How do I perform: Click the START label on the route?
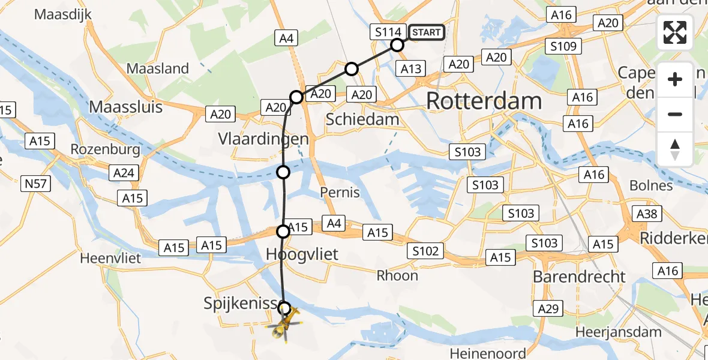pos(427,32)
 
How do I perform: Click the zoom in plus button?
pos(675,79)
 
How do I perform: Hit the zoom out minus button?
pos(675,114)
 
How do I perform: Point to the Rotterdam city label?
pos(484,101)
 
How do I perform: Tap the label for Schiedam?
pos(362,119)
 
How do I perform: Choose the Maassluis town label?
pos(126,107)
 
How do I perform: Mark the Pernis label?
pos(340,192)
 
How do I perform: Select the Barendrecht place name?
pos(580,277)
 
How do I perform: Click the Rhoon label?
pos(397,275)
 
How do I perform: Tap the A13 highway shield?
pos(411,69)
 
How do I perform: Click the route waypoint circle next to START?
pos(397,44)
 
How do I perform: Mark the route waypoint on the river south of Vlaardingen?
pos(283,172)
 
